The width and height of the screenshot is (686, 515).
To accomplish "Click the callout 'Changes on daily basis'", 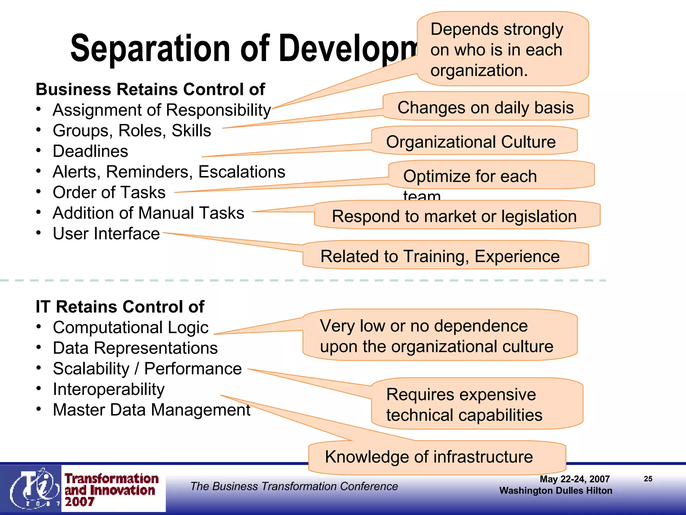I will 485,108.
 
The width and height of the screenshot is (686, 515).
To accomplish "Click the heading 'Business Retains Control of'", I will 150,90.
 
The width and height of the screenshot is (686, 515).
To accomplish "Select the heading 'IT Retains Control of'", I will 120,307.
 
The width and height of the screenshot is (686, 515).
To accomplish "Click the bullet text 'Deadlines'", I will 90,151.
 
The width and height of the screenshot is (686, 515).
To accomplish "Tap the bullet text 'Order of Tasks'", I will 109,192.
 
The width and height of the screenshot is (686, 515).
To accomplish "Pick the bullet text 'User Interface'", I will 106,234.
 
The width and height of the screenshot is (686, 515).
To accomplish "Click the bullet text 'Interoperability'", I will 109,389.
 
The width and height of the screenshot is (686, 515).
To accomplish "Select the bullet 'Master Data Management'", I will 151,410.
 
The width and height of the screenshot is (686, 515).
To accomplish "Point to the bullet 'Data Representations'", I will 135,348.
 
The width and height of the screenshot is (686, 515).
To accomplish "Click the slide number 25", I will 648,479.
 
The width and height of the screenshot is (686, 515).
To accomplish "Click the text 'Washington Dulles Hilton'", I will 555,491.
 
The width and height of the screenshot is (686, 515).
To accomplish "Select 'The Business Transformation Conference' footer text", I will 294,486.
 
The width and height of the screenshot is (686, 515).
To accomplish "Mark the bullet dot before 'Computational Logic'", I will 39,327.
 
